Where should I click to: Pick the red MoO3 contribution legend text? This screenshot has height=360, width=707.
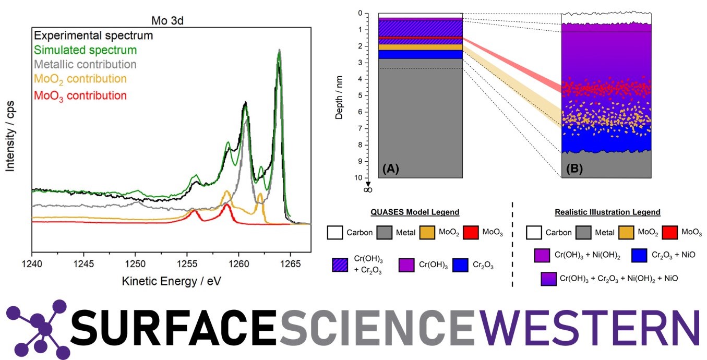pos(80,95)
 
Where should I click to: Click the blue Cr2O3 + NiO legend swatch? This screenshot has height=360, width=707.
pos(640,255)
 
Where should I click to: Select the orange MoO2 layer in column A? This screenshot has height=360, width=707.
pos(420,47)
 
